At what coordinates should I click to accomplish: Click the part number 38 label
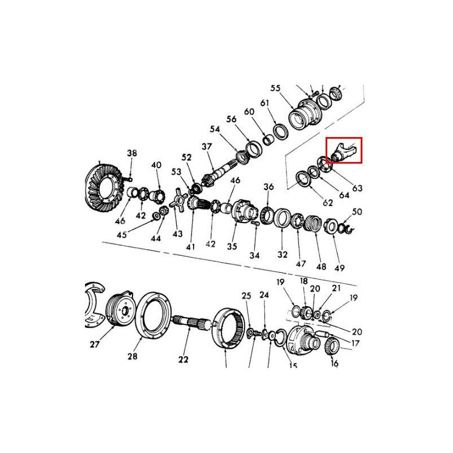(132, 153)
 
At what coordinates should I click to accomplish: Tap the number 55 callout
(276, 88)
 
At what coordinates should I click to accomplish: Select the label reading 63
(357, 188)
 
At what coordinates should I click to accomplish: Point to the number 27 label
(95, 344)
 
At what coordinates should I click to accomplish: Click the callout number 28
(133, 356)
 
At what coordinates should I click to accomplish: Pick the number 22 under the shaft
(183, 359)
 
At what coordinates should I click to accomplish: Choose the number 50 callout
(357, 212)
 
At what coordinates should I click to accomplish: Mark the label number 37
(206, 147)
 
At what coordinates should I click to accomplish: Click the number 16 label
(334, 363)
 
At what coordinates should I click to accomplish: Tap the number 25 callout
(246, 296)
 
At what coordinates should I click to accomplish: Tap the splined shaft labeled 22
(193, 323)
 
